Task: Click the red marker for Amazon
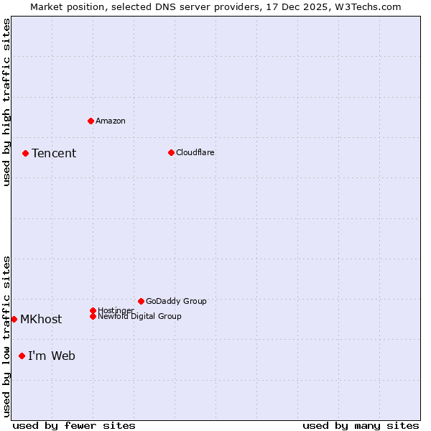[91, 121]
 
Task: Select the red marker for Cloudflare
[171, 152]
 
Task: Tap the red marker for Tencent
[25, 153]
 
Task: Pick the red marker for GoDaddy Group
[141, 301]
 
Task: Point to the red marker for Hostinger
[93, 310]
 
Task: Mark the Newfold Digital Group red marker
[93, 316]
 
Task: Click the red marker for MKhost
[14, 319]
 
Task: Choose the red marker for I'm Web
[22, 356]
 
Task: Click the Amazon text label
[111, 121]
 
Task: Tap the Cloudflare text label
[195, 152]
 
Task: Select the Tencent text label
[54, 153]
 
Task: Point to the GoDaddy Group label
[176, 301]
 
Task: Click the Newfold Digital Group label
[140, 317]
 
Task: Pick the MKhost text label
[41, 320]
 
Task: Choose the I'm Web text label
[52, 356]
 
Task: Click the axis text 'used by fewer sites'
[74, 425]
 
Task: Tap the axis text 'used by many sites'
[361, 425]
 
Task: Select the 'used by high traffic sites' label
[6, 102]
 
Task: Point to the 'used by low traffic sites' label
[6, 336]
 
